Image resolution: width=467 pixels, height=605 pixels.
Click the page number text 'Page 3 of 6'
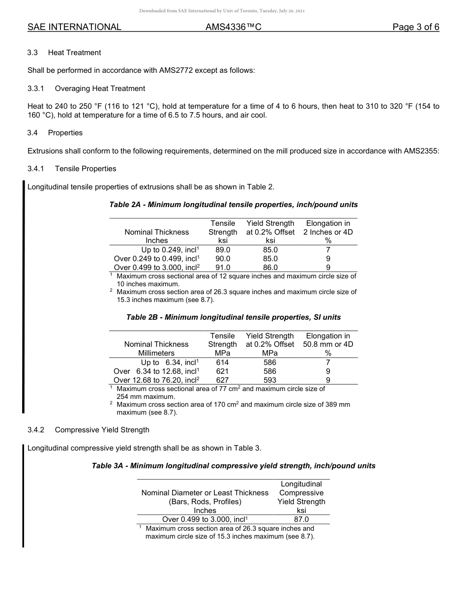pyautogui.click(x=415, y=27)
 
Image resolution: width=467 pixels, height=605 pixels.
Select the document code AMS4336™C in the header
pyautogui.click(x=233, y=27)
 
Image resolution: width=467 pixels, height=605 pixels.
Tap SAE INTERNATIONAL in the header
pyautogui.click(x=74, y=27)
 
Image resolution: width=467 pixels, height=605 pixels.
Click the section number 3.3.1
pyautogui.click(x=36, y=89)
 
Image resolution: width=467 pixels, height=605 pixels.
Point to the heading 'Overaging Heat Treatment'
pyautogui.click(x=100, y=89)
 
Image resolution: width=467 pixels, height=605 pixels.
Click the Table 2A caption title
pyautogui.click(x=233, y=205)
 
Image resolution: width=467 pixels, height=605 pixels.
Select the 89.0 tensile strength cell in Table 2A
pyautogui.click(x=223, y=250)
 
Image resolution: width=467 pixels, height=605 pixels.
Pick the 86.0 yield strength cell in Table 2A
pyautogui.click(x=270, y=268)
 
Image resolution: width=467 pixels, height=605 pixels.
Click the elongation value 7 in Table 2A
pyautogui.click(x=328, y=250)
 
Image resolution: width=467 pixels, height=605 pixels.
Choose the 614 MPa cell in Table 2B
pyautogui.click(x=222, y=363)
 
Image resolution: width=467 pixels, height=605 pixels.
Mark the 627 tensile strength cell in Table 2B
pyautogui.click(x=222, y=380)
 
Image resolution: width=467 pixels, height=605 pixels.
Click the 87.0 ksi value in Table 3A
pyautogui.click(x=301, y=519)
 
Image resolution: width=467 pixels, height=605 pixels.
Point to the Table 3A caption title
pyautogui.click(x=233, y=466)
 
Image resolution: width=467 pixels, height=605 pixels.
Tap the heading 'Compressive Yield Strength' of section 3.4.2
pyautogui.click(x=102, y=430)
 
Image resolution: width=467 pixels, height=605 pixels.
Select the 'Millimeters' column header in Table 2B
pyautogui.click(x=156, y=353)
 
